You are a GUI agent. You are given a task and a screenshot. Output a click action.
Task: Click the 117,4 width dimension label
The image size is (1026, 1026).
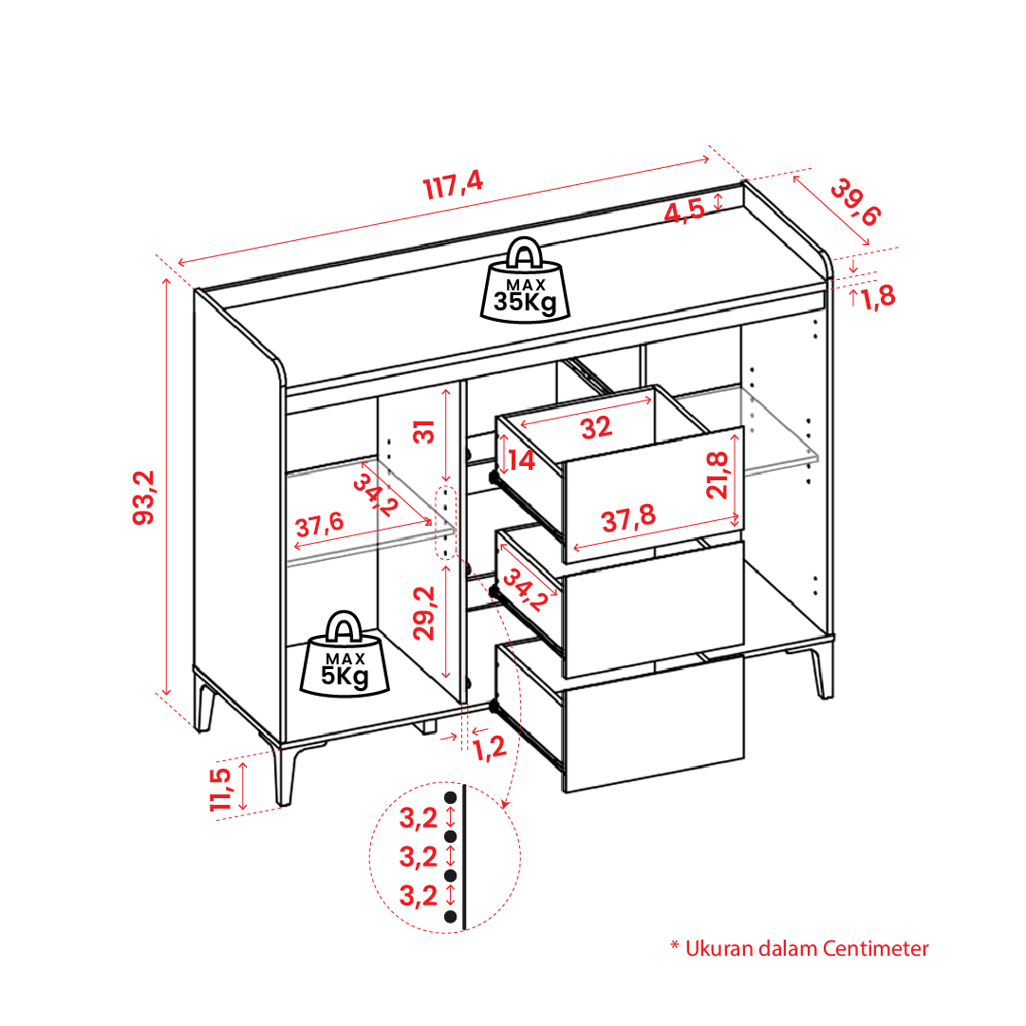tap(453, 184)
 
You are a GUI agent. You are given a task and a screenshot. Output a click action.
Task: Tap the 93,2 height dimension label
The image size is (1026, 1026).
tap(144, 497)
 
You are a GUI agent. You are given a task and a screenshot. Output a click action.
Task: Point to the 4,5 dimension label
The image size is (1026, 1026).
tap(684, 212)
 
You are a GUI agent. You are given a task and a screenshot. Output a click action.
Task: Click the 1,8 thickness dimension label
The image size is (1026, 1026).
tap(878, 297)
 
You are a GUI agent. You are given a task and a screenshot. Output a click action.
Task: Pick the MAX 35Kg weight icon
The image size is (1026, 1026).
tap(525, 280)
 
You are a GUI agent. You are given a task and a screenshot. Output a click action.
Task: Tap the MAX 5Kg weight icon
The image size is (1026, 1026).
tap(345, 654)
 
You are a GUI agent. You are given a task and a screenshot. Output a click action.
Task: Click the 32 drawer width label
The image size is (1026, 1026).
tap(596, 428)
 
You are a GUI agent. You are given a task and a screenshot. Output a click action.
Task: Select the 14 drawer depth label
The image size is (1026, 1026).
tap(521, 460)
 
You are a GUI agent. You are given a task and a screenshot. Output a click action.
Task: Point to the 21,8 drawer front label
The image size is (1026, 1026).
tap(718, 476)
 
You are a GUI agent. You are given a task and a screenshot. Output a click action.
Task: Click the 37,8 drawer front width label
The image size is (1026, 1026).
tap(628, 518)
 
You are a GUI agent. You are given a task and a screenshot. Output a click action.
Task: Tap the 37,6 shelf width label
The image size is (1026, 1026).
tap(319, 525)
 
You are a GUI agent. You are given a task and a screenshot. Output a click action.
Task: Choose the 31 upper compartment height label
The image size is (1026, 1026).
tap(424, 432)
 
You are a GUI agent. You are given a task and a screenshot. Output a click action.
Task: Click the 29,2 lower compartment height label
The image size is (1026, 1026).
tap(424, 613)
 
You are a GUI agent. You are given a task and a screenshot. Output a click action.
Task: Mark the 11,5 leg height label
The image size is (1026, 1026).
tap(220, 790)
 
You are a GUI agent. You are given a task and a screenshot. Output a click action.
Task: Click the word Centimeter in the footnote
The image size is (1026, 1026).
tap(875, 949)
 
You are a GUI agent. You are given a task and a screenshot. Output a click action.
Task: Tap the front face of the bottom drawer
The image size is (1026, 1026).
tap(654, 723)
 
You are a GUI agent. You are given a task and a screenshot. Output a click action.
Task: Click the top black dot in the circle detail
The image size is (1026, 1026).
tap(450, 797)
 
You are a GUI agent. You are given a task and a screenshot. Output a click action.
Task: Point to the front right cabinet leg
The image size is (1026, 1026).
tap(823, 671)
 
